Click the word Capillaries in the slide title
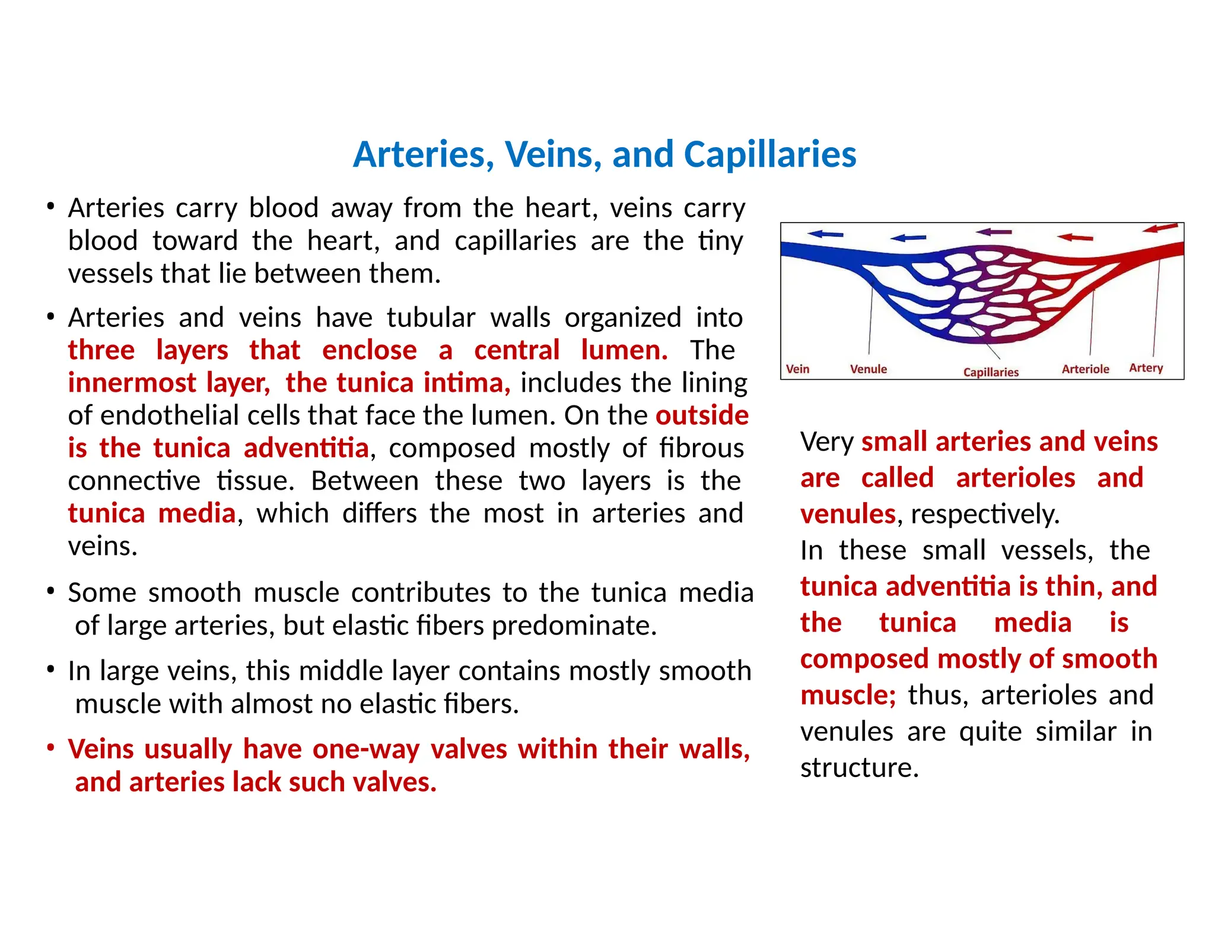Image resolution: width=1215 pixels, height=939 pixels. [769, 155]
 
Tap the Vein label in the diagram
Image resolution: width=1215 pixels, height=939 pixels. [797, 369]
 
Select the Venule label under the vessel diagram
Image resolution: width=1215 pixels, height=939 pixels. [868, 369]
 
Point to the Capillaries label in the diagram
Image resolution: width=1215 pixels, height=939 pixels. [990, 372]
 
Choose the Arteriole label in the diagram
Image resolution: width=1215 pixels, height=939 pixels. [1085, 369]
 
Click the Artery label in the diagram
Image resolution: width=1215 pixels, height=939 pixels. [1146, 368]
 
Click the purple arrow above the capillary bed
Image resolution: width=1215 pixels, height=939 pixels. [994, 232]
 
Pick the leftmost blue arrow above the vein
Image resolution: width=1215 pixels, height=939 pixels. [825, 234]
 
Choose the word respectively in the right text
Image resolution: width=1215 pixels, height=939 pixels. [984, 515]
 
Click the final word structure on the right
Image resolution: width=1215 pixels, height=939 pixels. [859, 768]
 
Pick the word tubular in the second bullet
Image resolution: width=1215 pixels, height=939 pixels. [431, 318]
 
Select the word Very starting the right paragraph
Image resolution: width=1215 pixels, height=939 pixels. [826, 442]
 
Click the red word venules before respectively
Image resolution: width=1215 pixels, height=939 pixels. [848, 514]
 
